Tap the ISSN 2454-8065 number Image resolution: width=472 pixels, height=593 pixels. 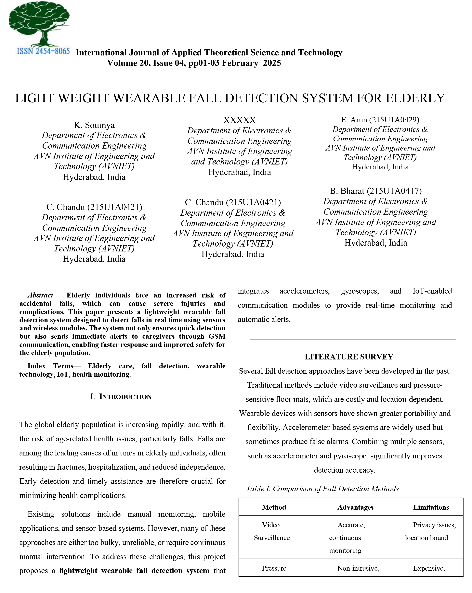pos(43,51)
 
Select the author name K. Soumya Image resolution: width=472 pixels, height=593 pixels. pos(94,125)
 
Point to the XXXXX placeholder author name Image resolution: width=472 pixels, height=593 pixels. pos(239,120)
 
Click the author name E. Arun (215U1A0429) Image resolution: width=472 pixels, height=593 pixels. pos(380,120)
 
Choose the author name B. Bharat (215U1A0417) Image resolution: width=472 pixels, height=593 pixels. pos(376,191)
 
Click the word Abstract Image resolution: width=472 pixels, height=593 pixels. pos(40,295)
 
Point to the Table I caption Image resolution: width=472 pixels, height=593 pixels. pos(322,489)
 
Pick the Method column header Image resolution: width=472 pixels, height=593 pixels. pos(274,507)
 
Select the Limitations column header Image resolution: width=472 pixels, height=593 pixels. pos(431,507)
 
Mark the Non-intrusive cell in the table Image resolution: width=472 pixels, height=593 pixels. pos(358,568)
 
